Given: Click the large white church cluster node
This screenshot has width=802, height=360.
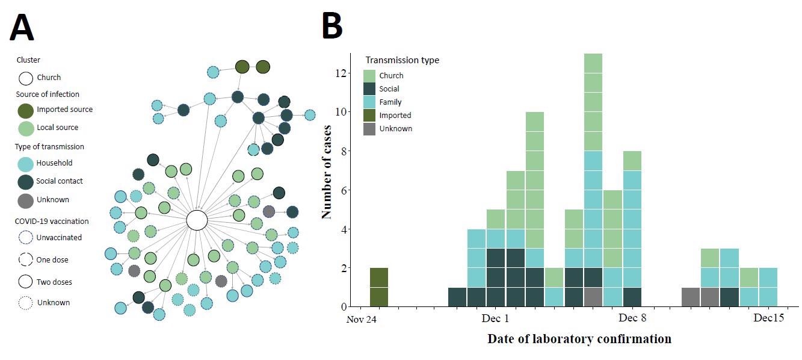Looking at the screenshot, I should [197, 220].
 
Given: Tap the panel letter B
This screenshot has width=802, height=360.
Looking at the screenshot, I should [332, 26].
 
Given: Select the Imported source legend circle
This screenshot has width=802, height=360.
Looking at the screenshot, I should [26, 110].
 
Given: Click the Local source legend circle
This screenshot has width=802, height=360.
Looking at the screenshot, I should [26, 128].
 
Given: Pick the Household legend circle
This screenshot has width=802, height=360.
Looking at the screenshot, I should [25, 163].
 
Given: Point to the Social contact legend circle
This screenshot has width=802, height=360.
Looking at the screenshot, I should [25, 181].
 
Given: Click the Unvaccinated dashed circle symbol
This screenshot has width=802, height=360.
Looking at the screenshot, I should [26, 238].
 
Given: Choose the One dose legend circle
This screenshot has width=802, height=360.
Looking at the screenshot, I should [26, 260].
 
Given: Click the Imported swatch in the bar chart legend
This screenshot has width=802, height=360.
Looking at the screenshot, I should [369, 115].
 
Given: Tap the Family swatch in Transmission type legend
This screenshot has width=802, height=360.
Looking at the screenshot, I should [369, 102].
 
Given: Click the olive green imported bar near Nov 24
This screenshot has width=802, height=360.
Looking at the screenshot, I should [379, 288].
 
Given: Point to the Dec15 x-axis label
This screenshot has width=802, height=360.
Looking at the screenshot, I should [769, 318].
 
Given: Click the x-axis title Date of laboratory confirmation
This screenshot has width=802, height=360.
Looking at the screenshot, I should [579, 339].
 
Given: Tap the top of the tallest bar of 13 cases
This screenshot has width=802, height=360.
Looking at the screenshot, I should [593, 56].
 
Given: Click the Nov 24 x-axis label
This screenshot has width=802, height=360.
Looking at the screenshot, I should [361, 320].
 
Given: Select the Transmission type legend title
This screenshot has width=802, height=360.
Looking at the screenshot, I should [402, 60].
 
